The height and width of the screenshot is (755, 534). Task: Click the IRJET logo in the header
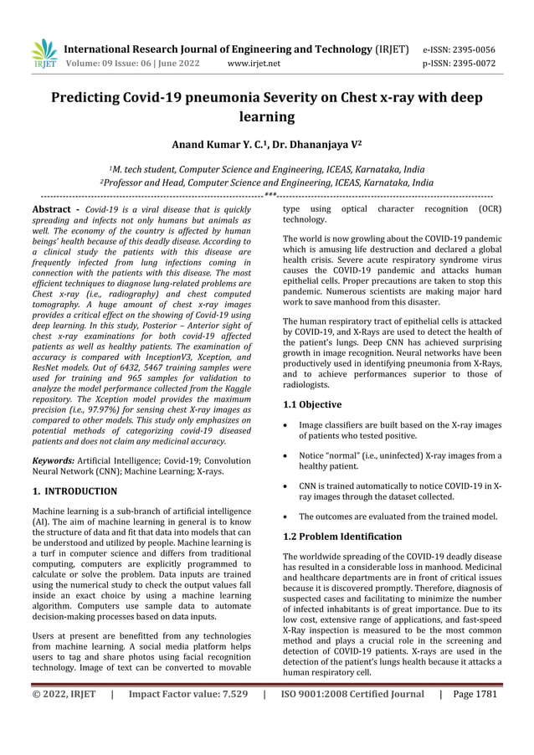click(x=44, y=54)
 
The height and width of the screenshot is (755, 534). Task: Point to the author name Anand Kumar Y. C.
click(x=221, y=143)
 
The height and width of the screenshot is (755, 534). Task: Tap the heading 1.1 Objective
click(x=312, y=404)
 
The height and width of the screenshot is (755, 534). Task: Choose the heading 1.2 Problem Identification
click(x=342, y=536)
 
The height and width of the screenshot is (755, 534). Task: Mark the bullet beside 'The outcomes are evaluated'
click(x=288, y=516)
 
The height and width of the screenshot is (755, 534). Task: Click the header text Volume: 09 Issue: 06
click(x=105, y=63)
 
